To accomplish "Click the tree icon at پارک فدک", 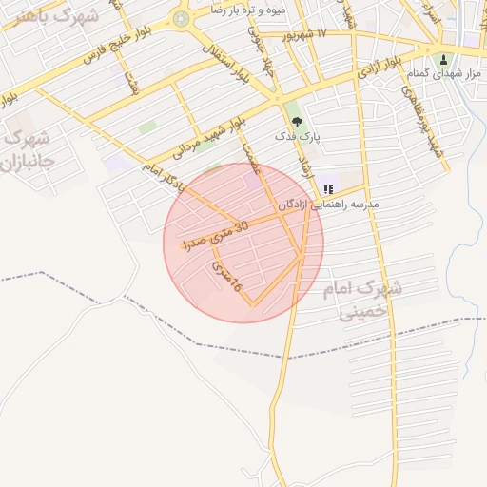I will pyautogui.click(x=298, y=121).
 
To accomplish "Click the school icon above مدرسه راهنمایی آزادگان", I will pyautogui.click(x=328, y=189).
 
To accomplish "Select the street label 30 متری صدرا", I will pyautogui.click(x=218, y=234).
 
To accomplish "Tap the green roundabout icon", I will pyautogui.click(x=182, y=18).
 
